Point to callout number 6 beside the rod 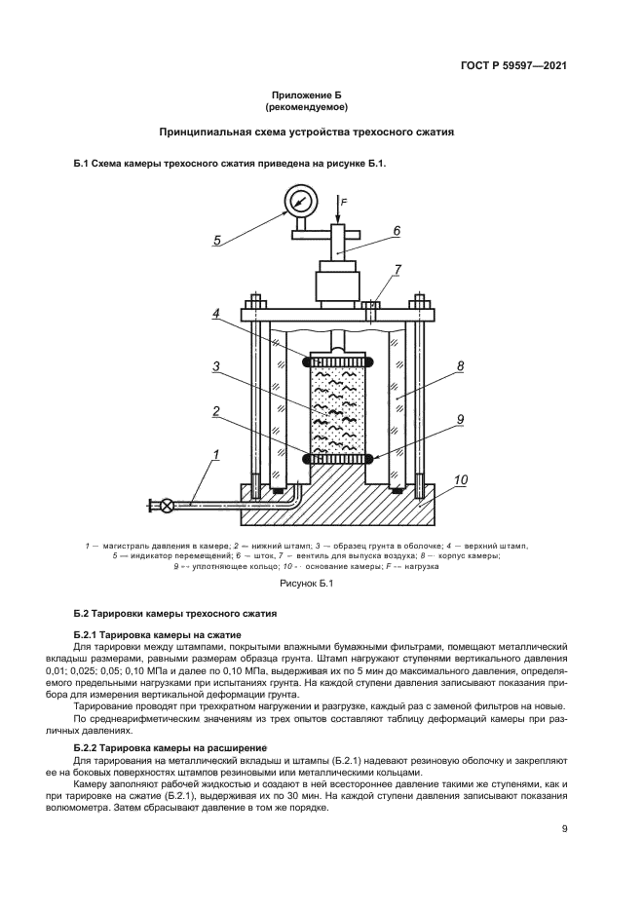(x=398, y=231)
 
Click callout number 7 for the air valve (x=398, y=269)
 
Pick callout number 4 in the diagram (x=218, y=314)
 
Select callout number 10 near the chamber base (x=461, y=479)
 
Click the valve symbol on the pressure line (x=168, y=505)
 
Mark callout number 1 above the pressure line (x=216, y=455)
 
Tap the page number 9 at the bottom (x=565, y=830)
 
